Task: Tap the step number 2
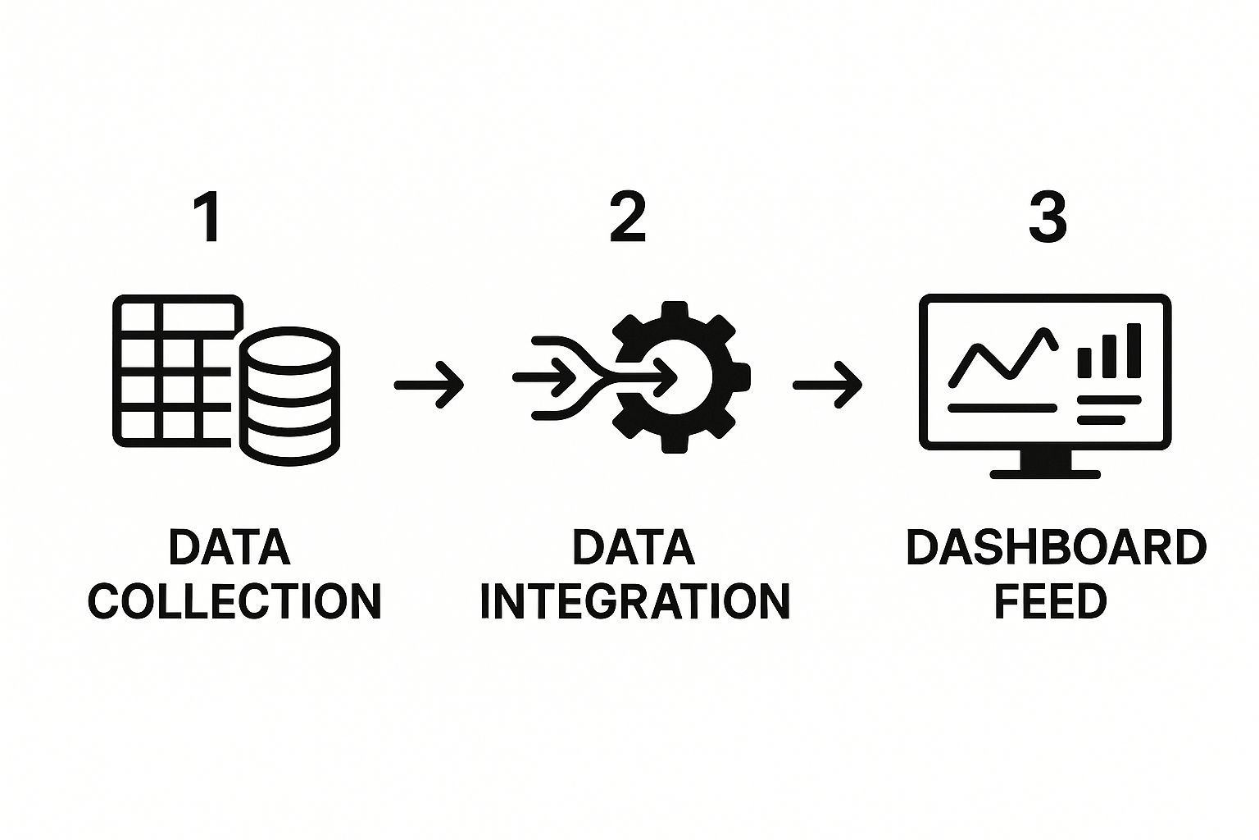tap(628, 217)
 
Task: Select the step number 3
tap(1047, 217)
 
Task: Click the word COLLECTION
tap(234, 601)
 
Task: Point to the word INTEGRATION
tap(634, 601)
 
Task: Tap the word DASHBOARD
tap(1056, 548)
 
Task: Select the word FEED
tap(1050, 601)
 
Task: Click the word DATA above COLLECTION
tap(230, 548)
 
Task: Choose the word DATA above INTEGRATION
tap(634, 548)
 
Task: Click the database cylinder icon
tap(289, 394)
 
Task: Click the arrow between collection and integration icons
tap(429, 384)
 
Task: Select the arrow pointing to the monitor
tap(827, 384)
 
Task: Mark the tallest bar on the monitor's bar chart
tap(1134, 350)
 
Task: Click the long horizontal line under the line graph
tap(1002, 407)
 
